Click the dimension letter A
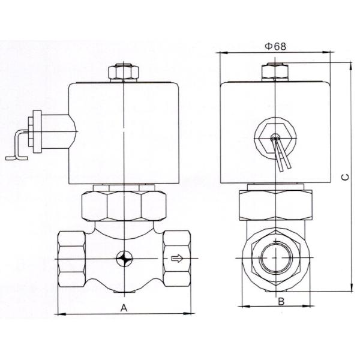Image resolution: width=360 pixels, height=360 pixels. [x=124, y=307]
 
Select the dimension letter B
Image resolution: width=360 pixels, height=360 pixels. [x=280, y=302]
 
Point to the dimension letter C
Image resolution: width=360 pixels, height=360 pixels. [x=344, y=178]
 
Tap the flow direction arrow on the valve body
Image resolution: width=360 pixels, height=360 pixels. [x=176, y=260]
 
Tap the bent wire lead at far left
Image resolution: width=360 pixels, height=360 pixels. [x=18, y=147]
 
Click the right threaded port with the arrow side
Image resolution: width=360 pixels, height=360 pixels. [x=176, y=259]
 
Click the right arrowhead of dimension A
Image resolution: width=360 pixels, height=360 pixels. [x=188, y=313]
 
